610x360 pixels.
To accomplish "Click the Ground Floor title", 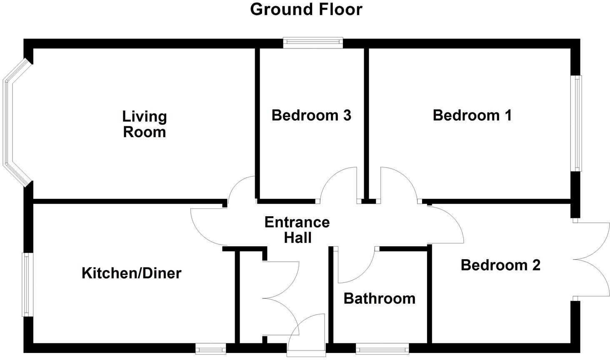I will tap(306, 9).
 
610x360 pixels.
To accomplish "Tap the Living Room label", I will tap(145, 124).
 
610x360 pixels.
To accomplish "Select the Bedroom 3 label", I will tap(311, 115).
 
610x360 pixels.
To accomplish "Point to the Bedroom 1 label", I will tap(472, 115).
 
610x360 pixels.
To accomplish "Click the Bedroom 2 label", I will tap(500, 265).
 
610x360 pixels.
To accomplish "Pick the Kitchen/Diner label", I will tap(131, 273).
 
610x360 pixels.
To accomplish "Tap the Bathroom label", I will tap(379, 298).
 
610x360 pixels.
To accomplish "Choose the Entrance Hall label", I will tap(297, 230).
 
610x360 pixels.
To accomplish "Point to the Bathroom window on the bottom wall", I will tap(382, 348).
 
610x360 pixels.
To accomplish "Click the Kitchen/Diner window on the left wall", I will tap(27, 284).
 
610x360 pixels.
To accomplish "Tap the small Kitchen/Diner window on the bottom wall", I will tap(210, 348).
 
